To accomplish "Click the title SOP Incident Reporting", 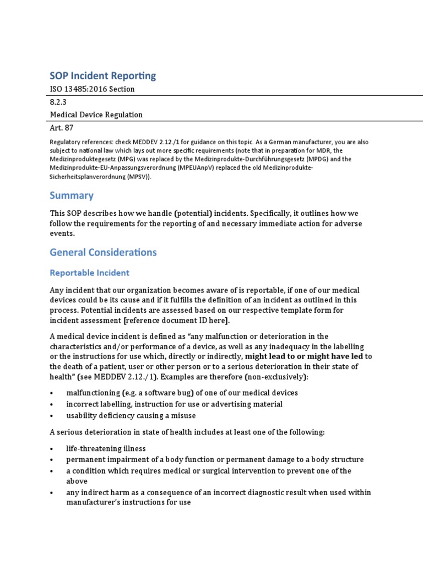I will [103, 75].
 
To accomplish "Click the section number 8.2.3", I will [59, 102].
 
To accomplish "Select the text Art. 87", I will [62, 128].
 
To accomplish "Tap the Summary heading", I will [72, 196].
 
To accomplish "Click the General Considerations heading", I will [103, 252].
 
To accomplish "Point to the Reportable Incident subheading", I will [90, 273].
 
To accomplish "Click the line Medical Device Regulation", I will [96, 115].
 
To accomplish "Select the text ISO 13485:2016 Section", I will [92, 89].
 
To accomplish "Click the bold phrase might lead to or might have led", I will [305, 356].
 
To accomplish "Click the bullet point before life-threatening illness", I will [52, 449].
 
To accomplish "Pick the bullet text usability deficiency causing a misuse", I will [131, 415].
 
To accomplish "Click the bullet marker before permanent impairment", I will [52, 460].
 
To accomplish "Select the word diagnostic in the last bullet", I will [272, 492].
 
